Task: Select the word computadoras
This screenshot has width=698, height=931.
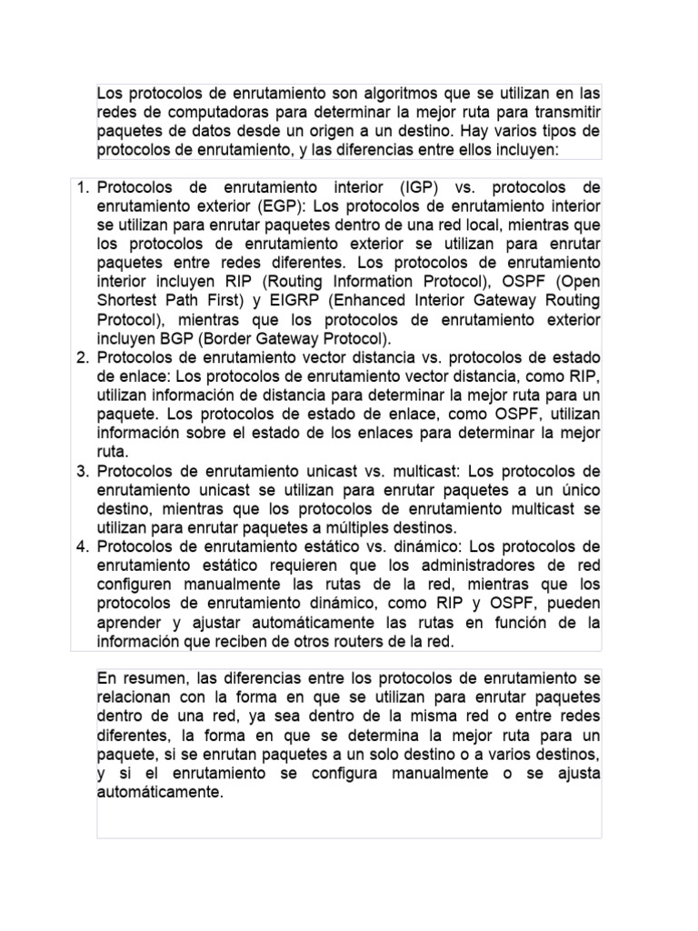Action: point(206,112)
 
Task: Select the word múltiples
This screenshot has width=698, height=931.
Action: point(325,528)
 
